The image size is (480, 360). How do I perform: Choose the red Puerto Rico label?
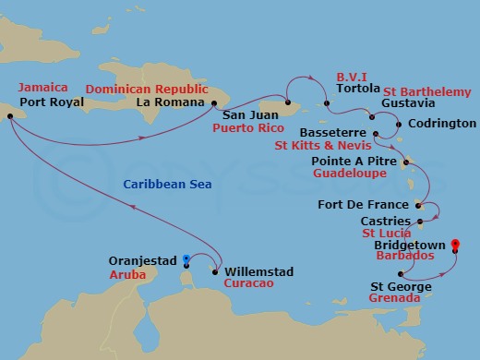click(247, 130)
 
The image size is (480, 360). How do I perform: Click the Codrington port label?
click(441, 123)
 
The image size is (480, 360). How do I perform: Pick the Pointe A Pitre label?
click(352, 160)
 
